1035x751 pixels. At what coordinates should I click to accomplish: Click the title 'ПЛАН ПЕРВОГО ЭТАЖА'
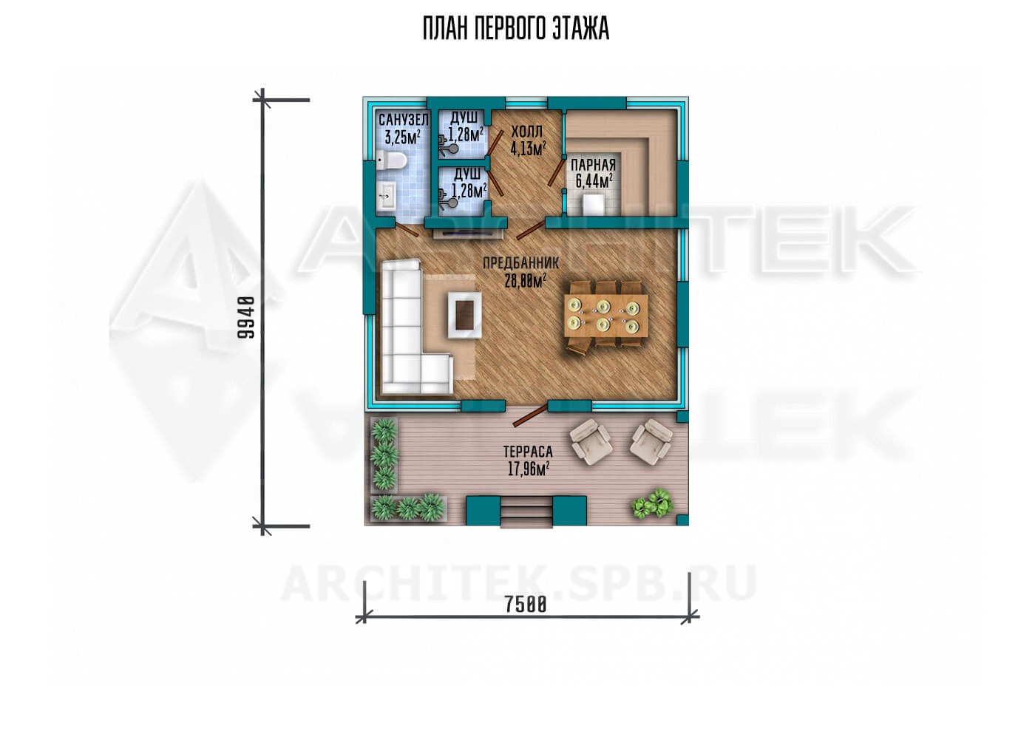click(516, 29)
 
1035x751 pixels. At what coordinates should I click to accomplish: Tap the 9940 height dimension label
click(246, 318)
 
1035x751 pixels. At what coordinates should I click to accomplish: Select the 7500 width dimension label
click(526, 604)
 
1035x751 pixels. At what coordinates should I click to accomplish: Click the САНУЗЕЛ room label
click(404, 120)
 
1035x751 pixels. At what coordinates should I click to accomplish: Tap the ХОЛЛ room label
click(526, 132)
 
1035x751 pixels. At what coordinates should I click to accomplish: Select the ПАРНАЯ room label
click(593, 165)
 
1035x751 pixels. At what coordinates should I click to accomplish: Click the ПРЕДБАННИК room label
click(520, 263)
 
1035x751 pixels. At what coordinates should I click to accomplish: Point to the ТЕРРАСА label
click(528, 451)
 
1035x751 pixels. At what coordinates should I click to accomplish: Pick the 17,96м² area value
click(528, 469)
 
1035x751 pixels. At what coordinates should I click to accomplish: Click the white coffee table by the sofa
click(464, 315)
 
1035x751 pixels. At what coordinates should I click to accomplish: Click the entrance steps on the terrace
click(526, 512)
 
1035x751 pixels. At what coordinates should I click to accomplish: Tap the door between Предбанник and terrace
click(531, 415)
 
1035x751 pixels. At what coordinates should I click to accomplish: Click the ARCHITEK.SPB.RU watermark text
click(518, 583)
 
